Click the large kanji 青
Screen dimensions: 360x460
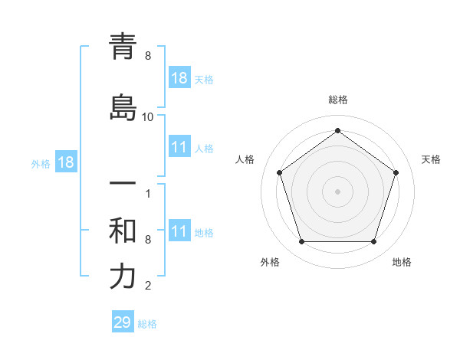pyautogui.click(x=123, y=47)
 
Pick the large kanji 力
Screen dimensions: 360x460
pyautogui.click(x=123, y=277)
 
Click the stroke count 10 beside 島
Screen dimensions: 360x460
pyautogui.click(x=148, y=117)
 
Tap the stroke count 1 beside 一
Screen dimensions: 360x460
pyautogui.click(x=148, y=193)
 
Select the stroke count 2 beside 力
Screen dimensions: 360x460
pyautogui.click(x=148, y=286)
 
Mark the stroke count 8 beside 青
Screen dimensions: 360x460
pyautogui.click(x=148, y=56)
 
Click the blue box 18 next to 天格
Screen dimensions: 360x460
pyautogui.click(x=179, y=77)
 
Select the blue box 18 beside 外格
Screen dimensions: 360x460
pyautogui.click(x=65, y=162)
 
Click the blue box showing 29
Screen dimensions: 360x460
pyautogui.click(x=123, y=322)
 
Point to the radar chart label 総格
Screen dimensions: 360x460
pyautogui.click(x=337, y=100)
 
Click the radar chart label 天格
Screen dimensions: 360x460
pyautogui.click(x=431, y=159)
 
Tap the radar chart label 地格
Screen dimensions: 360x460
pyautogui.click(x=402, y=262)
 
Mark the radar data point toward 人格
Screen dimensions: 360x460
pyautogui.click(x=279, y=172)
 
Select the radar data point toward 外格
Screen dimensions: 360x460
pyautogui.click(x=301, y=242)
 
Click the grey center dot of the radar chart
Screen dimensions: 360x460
pyautogui.click(x=337, y=191)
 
